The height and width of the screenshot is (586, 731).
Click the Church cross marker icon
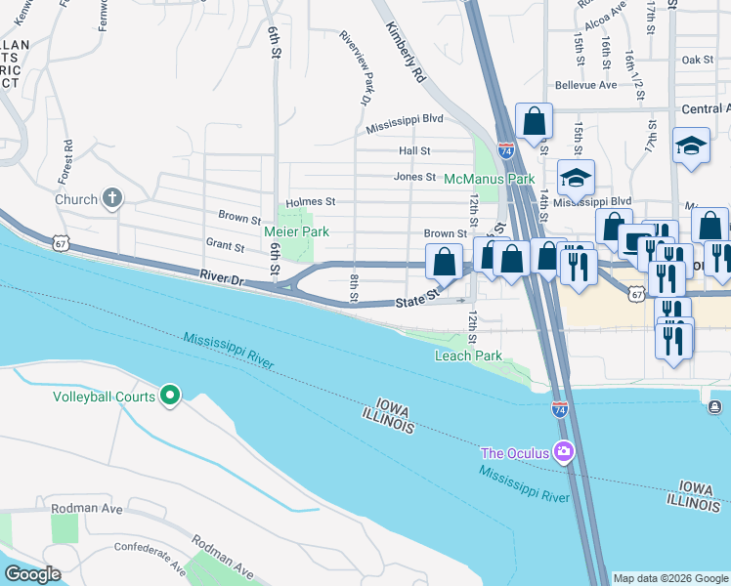pyautogui.click(x=112, y=199)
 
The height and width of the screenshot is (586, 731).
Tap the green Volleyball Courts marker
pyautogui.click(x=170, y=396)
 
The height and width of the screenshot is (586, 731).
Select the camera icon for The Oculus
pyautogui.click(x=563, y=451)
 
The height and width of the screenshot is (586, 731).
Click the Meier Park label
pyautogui.click(x=296, y=231)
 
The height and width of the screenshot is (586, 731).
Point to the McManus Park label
pyautogui.click(x=489, y=180)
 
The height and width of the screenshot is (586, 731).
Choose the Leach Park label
pyautogui.click(x=468, y=356)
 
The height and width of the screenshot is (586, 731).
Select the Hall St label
pyautogui.click(x=414, y=150)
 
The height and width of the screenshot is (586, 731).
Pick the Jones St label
pyautogui.click(x=414, y=177)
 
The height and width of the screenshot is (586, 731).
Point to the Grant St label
pyautogui.click(x=224, y=243)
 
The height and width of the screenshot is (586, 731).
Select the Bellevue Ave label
pyautogui.click(x=585, y=85)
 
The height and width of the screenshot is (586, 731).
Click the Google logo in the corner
pyautogui.click(x=32, y=574)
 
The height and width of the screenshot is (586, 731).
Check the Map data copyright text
pyautogui.click(x=669, y=578)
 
